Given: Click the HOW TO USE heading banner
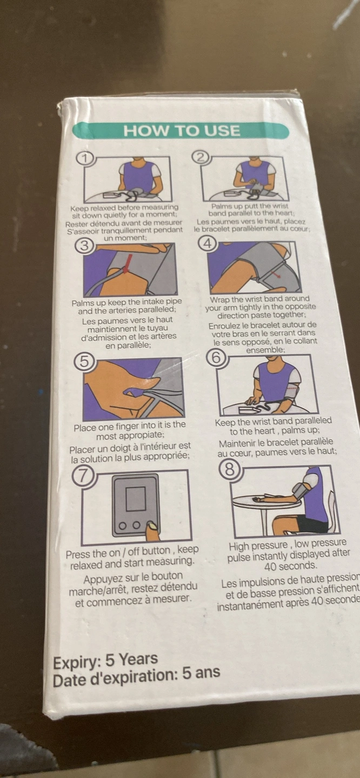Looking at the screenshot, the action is (x=181, y=131).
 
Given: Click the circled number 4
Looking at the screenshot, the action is (x=208, y=244).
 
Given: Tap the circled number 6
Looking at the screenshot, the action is (x=216, y=358).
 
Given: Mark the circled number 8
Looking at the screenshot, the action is (x=230, y=470).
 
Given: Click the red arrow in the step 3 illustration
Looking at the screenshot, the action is (x=127, y=263).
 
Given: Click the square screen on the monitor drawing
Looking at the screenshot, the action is (x=136, y=499).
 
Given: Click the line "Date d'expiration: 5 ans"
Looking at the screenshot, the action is (x=136, y=677).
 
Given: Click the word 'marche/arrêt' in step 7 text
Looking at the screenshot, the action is (x=99, y=589).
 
